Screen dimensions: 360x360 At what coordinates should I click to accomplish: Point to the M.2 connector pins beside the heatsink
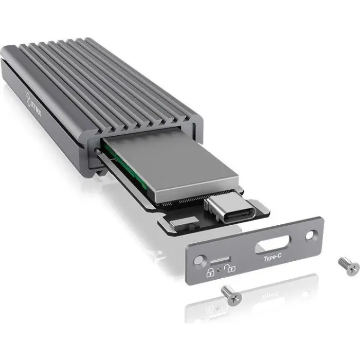pos(180,204)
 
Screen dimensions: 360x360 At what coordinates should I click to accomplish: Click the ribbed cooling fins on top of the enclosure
pos(103,77)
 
